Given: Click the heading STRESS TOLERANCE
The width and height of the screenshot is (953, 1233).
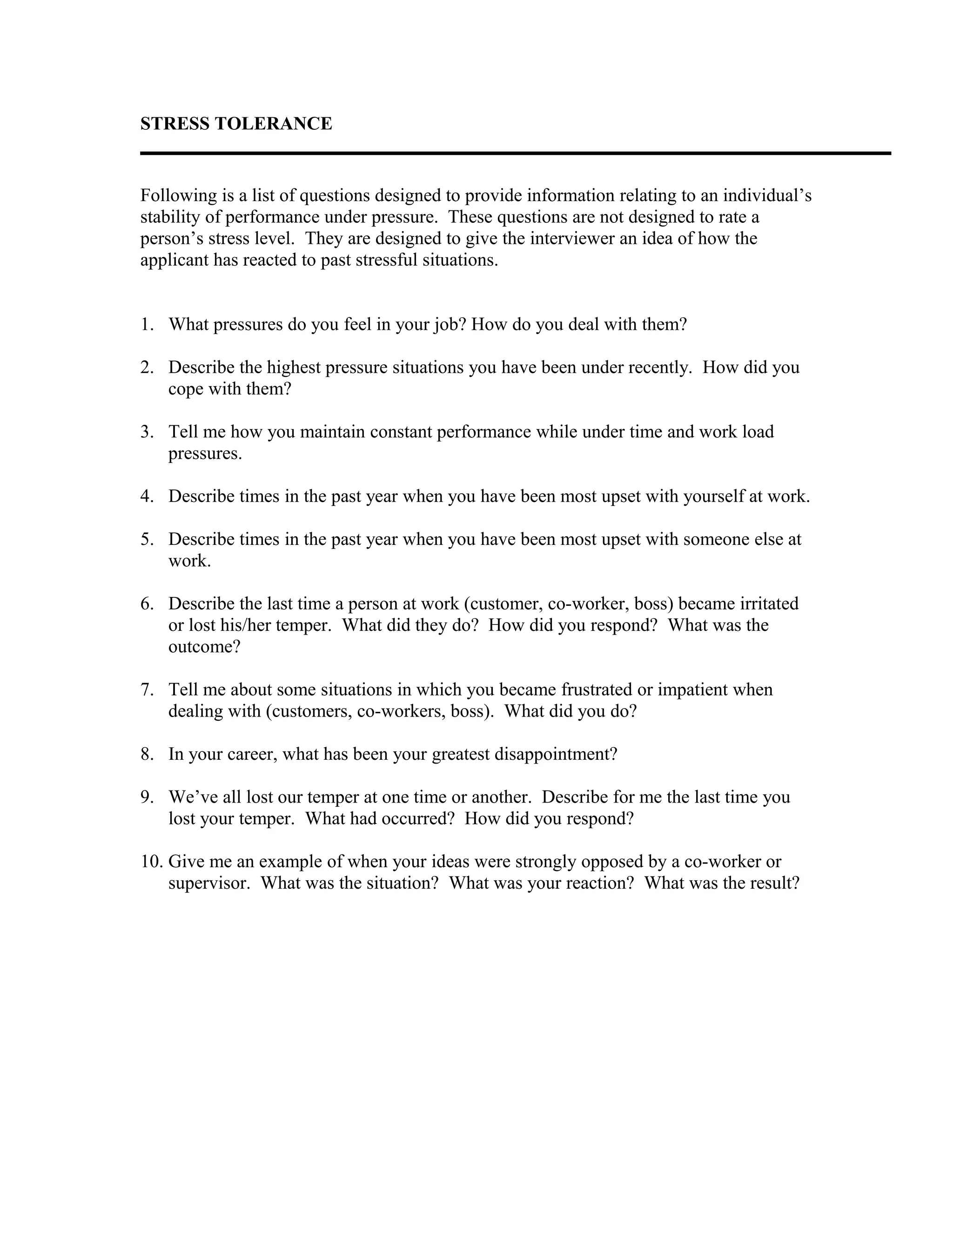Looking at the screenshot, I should (x=236, y=124).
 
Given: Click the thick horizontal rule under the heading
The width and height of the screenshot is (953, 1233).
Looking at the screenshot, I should (x=515, y=153).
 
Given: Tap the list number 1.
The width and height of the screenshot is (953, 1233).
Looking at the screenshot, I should (x=147, y=325).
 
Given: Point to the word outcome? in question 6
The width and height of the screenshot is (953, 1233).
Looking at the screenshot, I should (x=204, y=646).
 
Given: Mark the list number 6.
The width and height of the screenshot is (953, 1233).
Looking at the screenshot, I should (x=147, y=603).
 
